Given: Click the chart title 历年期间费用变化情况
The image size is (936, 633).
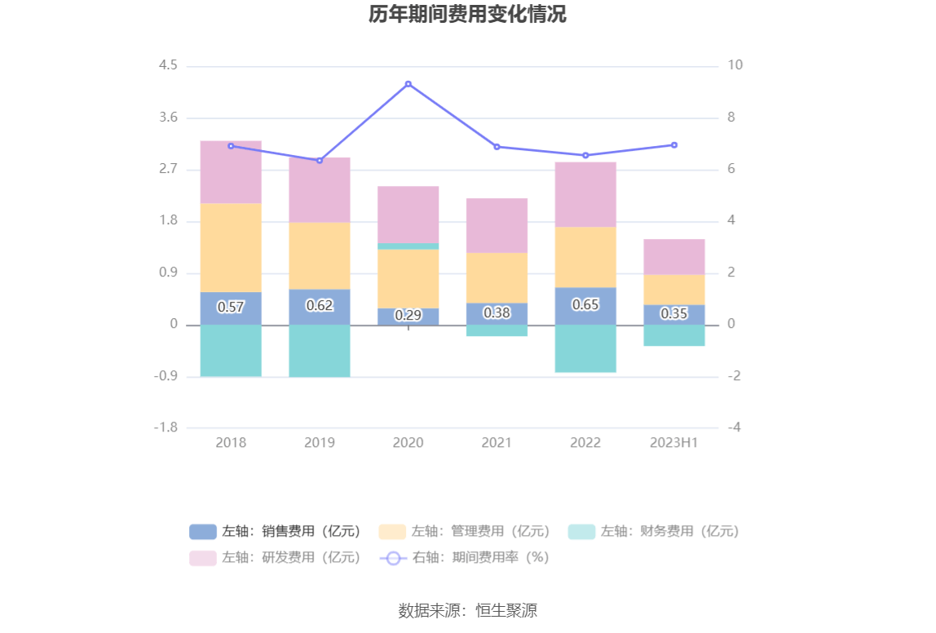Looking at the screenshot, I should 467,15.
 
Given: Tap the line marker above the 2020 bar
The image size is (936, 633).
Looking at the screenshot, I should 408,84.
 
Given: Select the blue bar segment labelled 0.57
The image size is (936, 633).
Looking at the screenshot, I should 231,308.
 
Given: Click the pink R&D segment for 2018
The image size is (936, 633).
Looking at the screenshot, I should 231,171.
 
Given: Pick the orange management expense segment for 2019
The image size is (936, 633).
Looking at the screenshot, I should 320,255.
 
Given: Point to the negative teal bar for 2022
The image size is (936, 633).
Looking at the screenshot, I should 585,348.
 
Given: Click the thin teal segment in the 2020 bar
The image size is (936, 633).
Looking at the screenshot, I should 408,246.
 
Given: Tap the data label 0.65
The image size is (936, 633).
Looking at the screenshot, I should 585,304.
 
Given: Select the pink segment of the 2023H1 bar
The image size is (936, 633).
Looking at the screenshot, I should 674,256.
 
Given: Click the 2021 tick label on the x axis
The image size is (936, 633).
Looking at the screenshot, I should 497,442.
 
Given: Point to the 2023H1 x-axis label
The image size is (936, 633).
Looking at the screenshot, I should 674,442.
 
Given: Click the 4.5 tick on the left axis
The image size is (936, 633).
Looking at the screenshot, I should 168,65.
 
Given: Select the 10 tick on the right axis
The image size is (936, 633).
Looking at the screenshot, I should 735,65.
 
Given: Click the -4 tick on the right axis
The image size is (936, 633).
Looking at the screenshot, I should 734,427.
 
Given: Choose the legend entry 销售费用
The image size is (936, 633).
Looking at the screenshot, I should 276,531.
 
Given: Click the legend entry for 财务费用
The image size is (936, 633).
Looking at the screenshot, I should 654,531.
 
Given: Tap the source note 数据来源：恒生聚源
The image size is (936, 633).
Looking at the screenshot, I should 467,610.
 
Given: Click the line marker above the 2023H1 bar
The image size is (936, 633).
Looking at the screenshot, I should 674,145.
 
